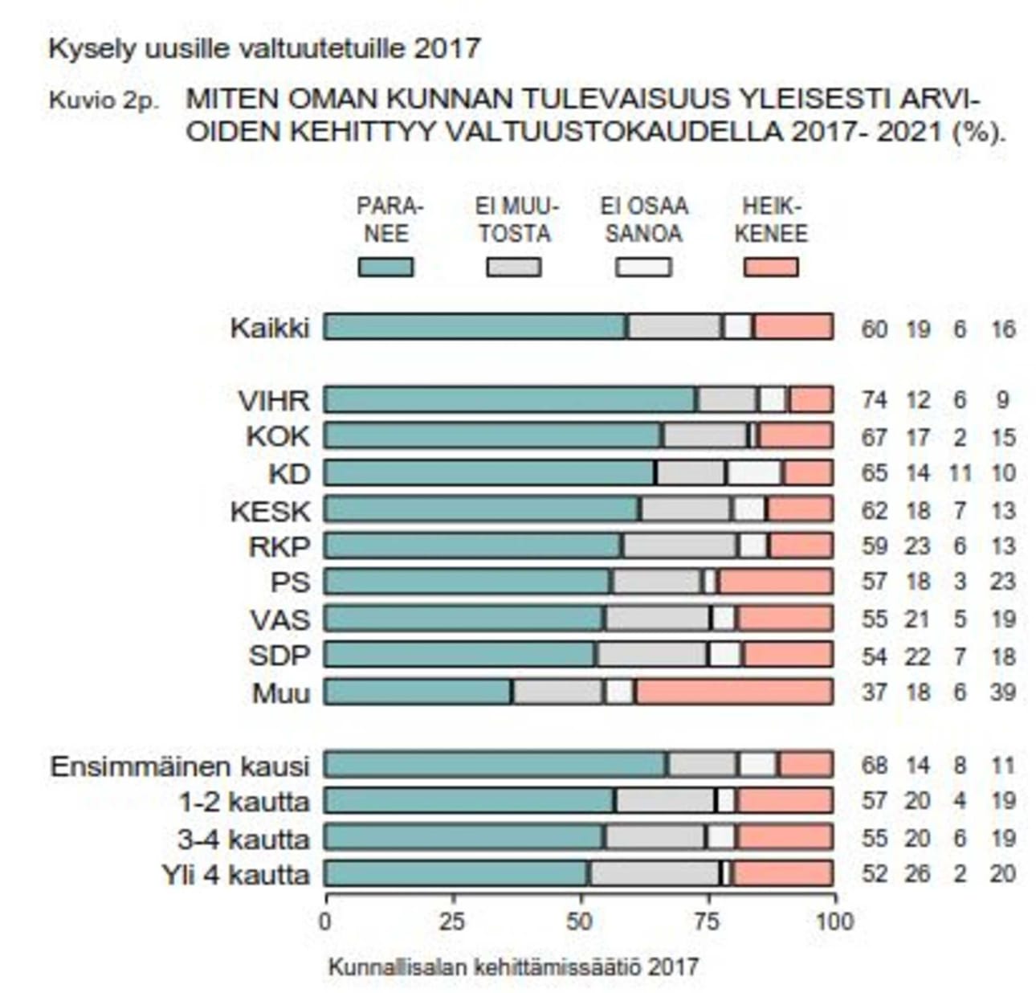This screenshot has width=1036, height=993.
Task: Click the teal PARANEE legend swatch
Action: [385, 267]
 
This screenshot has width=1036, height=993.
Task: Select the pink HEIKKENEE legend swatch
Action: [771, 267]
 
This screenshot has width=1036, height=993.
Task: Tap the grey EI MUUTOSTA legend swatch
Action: [514, 267]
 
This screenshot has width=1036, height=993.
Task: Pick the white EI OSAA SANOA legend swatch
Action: [643, 267]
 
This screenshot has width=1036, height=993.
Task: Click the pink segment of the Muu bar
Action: [734, 692]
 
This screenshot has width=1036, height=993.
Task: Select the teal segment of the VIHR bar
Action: [511, 399]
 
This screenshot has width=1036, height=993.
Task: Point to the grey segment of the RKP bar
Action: [680, 546]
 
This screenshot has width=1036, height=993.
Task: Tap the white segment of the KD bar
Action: [754, 472]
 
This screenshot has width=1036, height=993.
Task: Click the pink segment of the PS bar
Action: [775, 581]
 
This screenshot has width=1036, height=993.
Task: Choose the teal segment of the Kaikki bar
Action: [476, 327]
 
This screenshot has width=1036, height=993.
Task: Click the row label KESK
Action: [270, 511]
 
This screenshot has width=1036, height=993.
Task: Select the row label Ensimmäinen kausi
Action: [179, 766]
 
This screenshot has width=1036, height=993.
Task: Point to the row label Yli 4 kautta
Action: [235, 874]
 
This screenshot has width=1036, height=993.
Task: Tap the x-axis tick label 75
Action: [708, 921]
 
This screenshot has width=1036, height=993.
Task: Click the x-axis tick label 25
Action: [453, 921]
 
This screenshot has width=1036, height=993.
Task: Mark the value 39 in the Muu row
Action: [1003, 693]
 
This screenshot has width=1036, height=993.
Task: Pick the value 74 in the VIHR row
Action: [875, 400]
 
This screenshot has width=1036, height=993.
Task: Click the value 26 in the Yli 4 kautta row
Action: [917, 874]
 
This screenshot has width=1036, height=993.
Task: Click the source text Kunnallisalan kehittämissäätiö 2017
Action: [513, 966]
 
